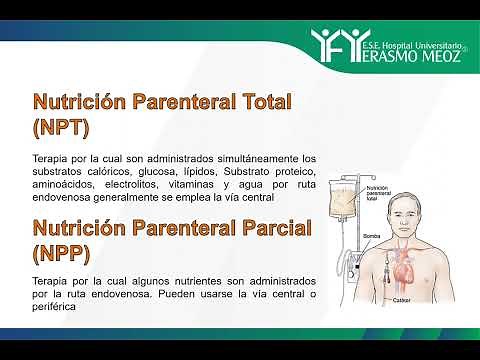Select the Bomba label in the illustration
click(x=369, y=237)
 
